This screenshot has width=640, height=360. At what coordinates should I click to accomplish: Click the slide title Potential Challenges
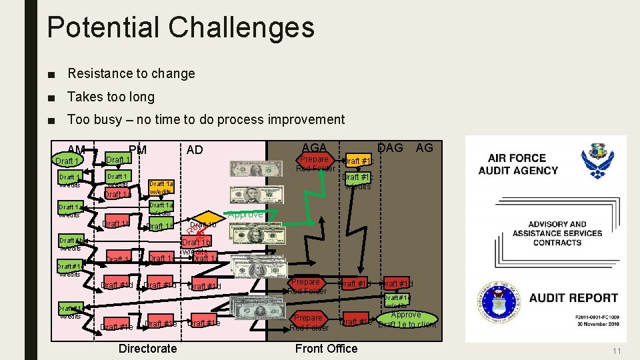(x=180, y=28)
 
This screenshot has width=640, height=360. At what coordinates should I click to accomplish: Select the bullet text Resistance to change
(x=131, y=73)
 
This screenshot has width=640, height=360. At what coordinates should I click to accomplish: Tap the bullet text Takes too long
(x=111, y=97)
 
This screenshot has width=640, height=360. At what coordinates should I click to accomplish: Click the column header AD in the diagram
(x=195, y=149)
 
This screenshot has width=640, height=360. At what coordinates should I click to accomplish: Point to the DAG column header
(x=391, y=147)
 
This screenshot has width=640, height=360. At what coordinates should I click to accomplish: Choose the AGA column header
(x=314, y=147)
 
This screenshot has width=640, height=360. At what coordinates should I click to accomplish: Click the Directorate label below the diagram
(x=147, y=348)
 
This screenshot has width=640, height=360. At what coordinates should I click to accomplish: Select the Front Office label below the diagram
(x=326, y=348)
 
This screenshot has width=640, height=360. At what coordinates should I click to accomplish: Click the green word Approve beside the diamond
(x=245, y=215)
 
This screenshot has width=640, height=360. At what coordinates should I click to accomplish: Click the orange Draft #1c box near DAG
(x=358, y=161)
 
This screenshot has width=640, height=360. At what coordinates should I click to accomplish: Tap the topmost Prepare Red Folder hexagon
(x=314, y=163)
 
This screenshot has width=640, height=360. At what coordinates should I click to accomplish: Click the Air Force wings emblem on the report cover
(x=597, y=162)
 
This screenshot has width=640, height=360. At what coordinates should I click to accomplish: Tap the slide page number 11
(x=617, y=351)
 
